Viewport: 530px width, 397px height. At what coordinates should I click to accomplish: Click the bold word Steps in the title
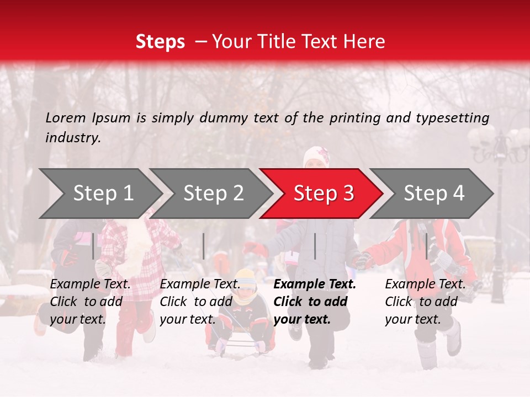(x=160, y=42)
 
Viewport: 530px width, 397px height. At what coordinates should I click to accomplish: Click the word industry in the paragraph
(x=72, y=138)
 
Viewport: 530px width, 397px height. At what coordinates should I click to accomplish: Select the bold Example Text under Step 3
(x=315, y=284)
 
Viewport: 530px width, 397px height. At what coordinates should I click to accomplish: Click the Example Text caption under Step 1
(x=91, y=284)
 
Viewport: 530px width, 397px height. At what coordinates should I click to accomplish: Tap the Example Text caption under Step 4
(x=425, y=284)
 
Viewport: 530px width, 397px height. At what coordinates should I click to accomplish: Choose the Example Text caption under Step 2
(x=200, y=284)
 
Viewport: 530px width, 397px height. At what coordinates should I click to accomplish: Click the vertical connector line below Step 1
(x=93, y=246)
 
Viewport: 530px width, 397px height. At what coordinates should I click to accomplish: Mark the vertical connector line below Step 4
(x=427, y=246)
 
